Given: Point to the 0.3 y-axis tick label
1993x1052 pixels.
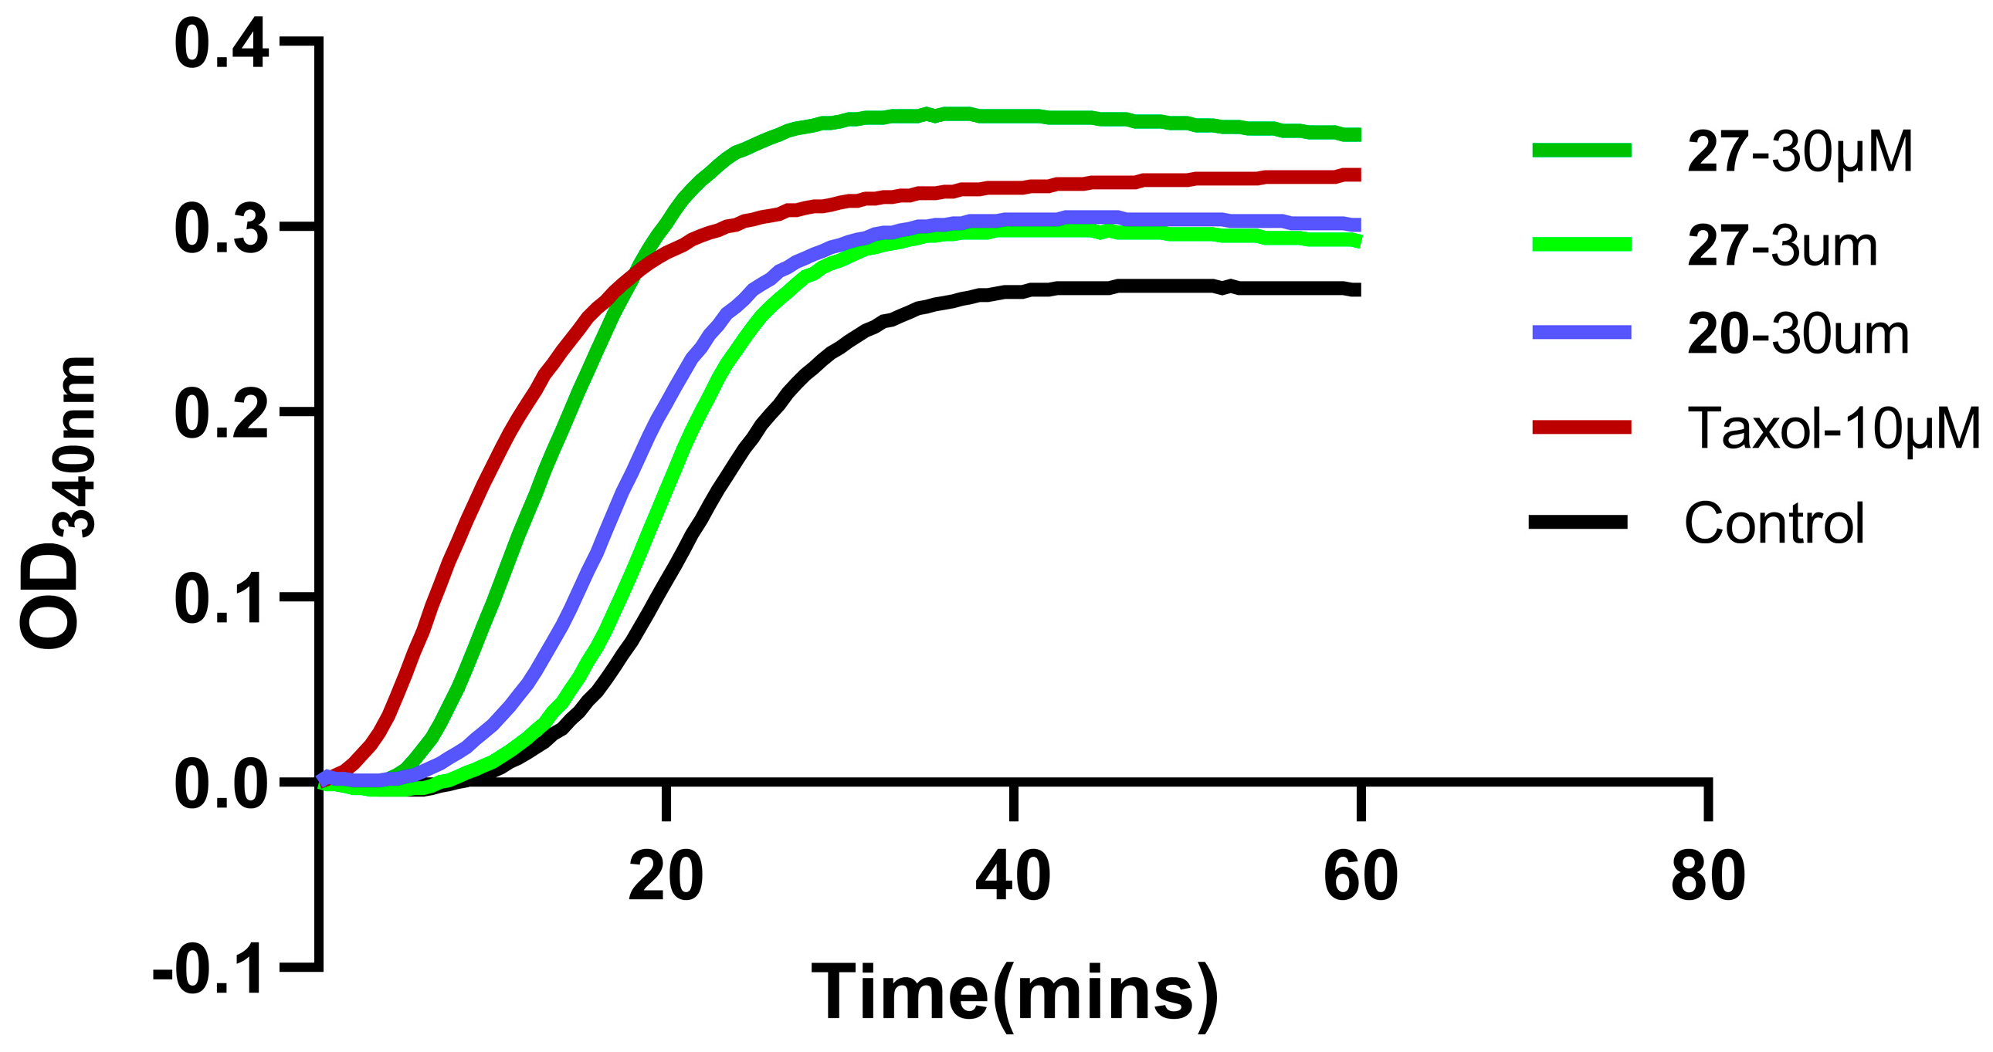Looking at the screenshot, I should pyautogui.click(x=222, y=230).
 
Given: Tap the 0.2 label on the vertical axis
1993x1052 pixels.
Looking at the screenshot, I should pyautogui.click(x=222, y=414).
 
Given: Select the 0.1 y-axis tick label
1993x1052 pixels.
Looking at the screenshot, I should pyautogui.click(x=222, y=600).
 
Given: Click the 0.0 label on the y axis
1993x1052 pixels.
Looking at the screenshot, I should pyautogui.click(x=222, y=786).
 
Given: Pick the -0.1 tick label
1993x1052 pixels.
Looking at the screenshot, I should pyautogui.click(x=210, y=970).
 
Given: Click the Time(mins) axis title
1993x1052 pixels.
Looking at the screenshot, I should pyautogui.click(x=1015, y=993).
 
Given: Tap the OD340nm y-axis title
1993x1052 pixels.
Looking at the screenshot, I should pyautogui.click(x=58, y=502).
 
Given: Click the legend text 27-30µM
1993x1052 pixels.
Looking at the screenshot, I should pyautogui.click(x=1800, y=151).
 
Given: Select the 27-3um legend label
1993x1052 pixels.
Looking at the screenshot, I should pyautogui.click(x=1781, y=247).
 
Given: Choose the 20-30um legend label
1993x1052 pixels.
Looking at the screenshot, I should pyautogui.click(x=1798, y=335).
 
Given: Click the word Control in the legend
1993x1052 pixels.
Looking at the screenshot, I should pyautogui.click(x=1774, y=523).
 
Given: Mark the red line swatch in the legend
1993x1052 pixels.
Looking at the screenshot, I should pyautogui.click(x=1582, y=427).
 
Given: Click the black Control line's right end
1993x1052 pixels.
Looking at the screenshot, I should pyautogui.click(x=1357, y=290).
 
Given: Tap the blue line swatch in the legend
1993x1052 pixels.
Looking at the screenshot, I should pyautogui.click(x=1582, y=333).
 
